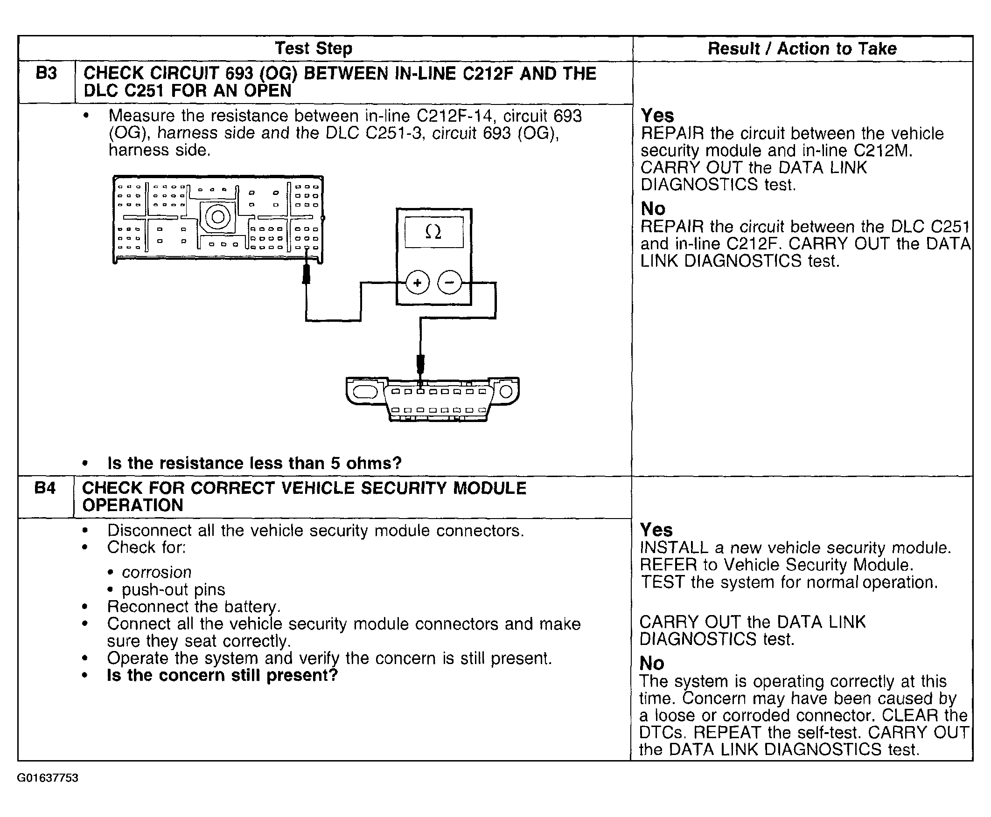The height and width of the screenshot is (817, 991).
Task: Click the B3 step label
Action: click(x=46, y=74)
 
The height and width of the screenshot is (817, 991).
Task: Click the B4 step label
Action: click(x=45, y=488)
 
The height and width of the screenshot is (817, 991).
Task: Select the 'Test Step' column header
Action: click(x=313, y=48)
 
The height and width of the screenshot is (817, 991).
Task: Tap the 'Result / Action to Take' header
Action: click(x=802, y=48)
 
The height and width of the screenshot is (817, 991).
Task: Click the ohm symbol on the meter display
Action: click(x=433, y=232)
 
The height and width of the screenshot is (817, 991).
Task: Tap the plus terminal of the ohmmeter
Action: click(x=417, y=283)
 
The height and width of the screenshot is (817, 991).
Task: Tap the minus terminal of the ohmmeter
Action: click(x=450, y=283)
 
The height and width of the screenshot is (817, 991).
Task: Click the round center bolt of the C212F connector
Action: click(x=217, y=217)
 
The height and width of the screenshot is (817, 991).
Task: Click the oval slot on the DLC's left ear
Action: click(x=365, y=392)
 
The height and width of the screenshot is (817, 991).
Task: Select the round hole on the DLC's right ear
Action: click(x=506, y=392)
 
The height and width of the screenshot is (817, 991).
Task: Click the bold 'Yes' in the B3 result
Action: click(x=657, y=116)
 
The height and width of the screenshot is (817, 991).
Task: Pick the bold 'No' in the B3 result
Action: click(x=653, y=208)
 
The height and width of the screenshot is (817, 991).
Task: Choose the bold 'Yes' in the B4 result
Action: click(x=656, y=530)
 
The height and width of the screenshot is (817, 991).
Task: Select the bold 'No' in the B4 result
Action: click(x=651, y=664)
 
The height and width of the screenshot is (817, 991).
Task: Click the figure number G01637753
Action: click(x=48, y=778)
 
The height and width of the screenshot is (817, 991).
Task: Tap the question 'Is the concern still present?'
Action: click(x=222, y=675)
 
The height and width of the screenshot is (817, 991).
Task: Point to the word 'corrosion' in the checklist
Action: click(x=156, y=572)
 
